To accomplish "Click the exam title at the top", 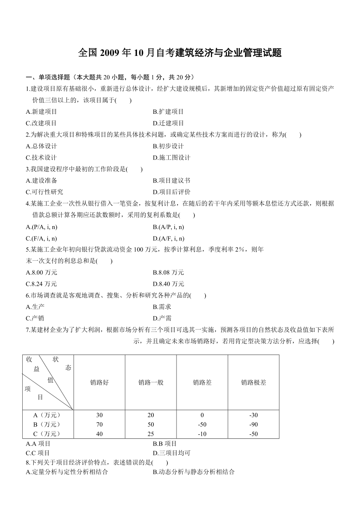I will pos(180,53).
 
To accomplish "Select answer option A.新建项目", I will pos(41,112).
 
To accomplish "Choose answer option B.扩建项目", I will pos(168,112).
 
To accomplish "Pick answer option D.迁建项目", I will pos(168,123).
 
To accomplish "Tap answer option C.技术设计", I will pos(41,158).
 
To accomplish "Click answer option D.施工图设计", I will pos(171,158).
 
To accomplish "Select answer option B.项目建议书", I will pos(171,181).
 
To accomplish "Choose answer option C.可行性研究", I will pos(44,192).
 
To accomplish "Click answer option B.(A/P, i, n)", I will pos(168,227).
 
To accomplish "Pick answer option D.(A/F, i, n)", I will pos(168,238).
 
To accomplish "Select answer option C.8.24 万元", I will pos(41,284).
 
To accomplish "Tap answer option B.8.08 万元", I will pos(168,272).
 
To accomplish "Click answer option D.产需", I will pos(162,318).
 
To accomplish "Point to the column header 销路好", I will pos(99,382).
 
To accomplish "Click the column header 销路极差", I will pos(254,382).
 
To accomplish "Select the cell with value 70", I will pos(99,425).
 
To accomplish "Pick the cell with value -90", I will pos(254,425).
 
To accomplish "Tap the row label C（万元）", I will pos(47,434).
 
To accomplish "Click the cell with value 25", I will pos(151,434).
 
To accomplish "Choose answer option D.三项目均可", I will pos(171,453).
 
